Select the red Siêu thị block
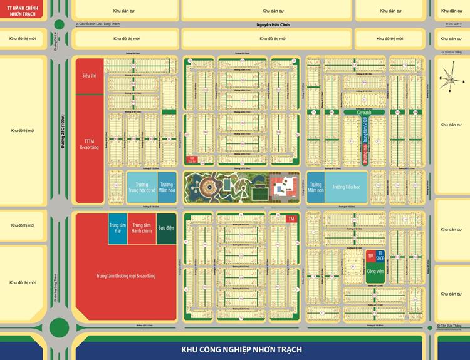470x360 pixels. coord(88,75)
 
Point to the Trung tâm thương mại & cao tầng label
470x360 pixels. coord(125,275)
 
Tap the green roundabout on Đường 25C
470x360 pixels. coord(60,326)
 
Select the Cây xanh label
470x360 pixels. coord(365,111)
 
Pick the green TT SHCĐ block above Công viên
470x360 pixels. coord(380,256)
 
